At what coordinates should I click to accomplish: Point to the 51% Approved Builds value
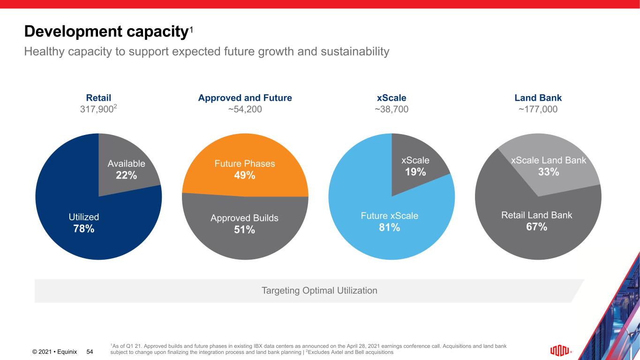point(244,229)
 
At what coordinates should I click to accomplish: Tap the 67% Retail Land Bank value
point(537,226)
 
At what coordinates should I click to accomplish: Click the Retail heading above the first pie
point(98,98)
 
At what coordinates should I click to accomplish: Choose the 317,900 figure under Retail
point(97,110)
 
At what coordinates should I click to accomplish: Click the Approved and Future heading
point(245,98)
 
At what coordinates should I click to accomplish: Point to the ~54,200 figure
point(245,110)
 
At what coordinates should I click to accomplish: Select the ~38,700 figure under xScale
point(392,110)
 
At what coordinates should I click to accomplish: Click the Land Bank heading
point(538,98)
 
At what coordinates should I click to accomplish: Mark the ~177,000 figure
point(538,110)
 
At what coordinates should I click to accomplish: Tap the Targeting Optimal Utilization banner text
point(319,291)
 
